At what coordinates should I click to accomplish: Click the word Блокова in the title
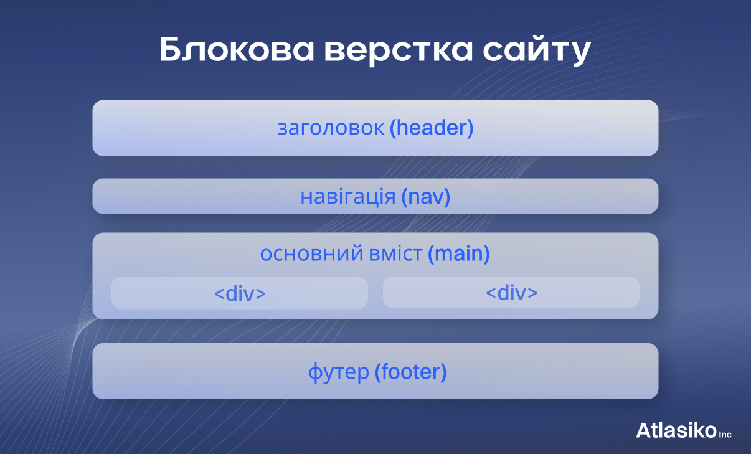click(x=237, y=51)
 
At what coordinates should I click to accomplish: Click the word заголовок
click(x=331, y=128)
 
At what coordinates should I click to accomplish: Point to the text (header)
click(x=432, y=128)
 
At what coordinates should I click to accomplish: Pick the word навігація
click(x=348, y=197)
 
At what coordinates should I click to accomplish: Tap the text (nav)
click(x=425, y=197)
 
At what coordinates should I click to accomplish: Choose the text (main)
click(x=459, y=254)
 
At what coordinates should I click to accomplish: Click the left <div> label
click(x=240, y=293)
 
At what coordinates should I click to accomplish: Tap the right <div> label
click(x=511, y=293)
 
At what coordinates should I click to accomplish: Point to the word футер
click(x=339, y=373)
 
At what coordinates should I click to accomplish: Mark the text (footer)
click(x=411, y=372)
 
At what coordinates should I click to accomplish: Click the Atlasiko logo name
click(x=676, y=430)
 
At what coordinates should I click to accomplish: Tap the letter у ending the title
click(x=579, y=54)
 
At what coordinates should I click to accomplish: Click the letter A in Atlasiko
click(x=644, y=430)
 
